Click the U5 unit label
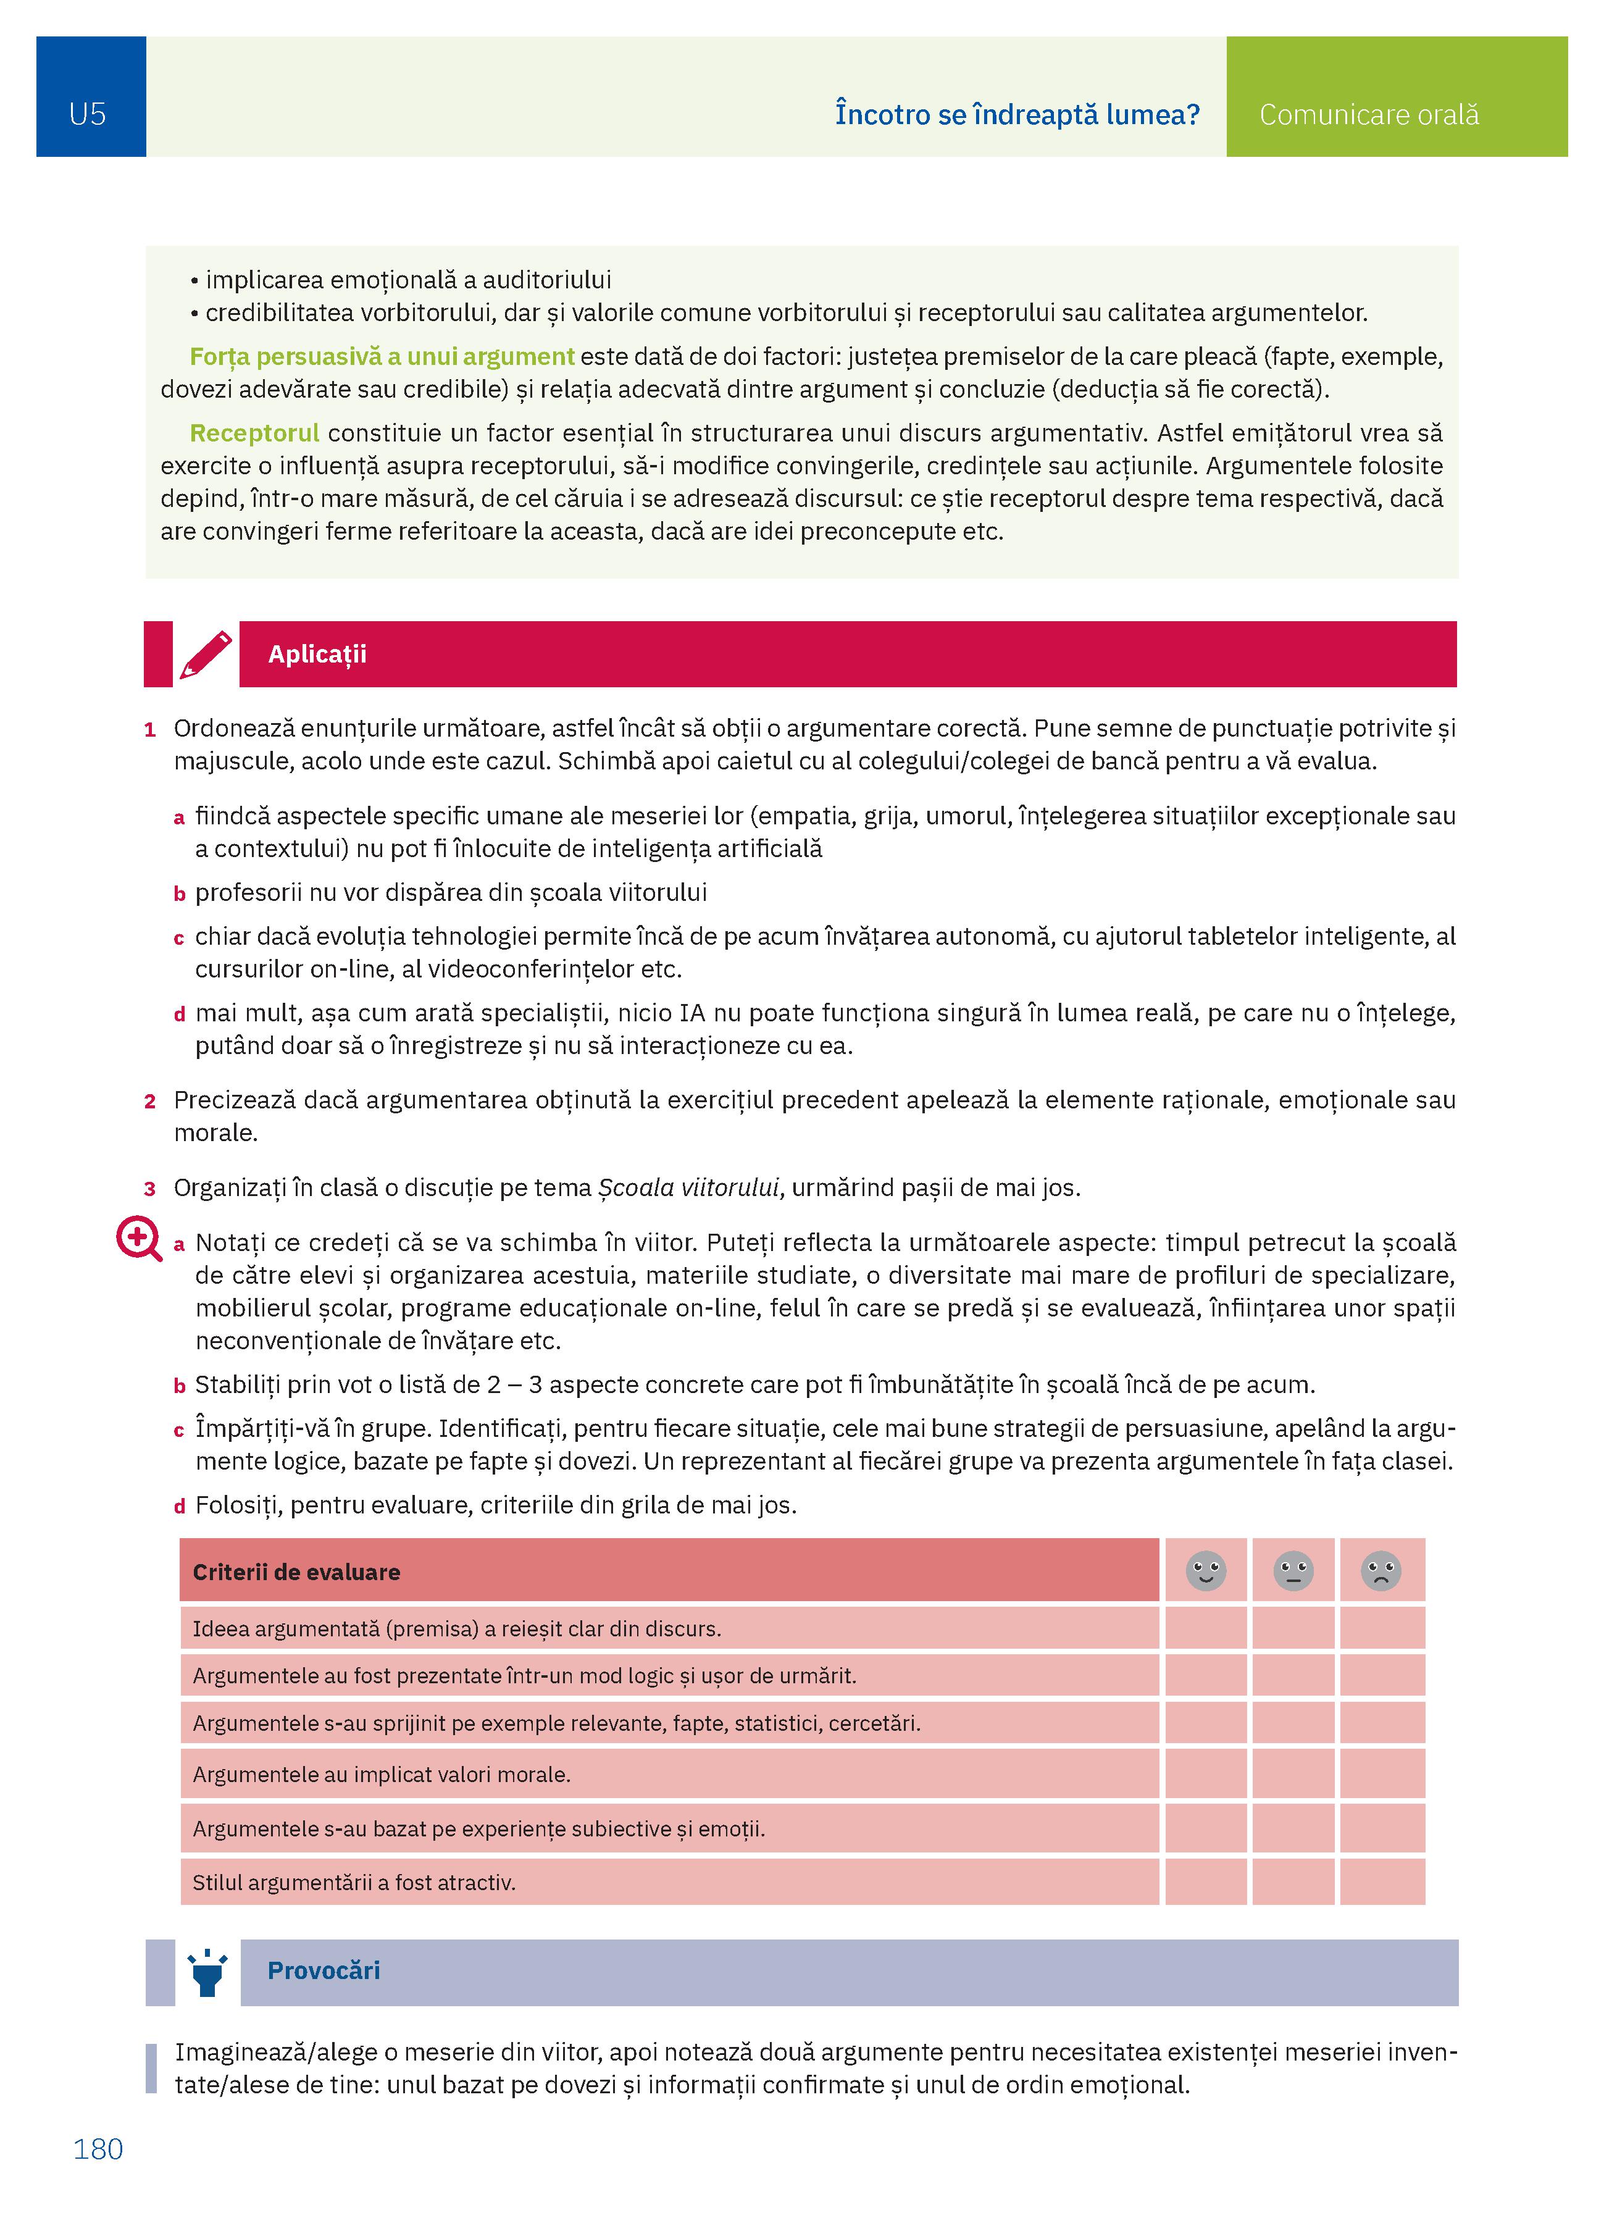pyautogui.click(x=88, y=114)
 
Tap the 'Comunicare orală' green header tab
pyautogui.click(x=1368, y=114)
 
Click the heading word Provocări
pyautogui.click(x=324, y=1972)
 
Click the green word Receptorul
pyautogui.click(x=254, y=433)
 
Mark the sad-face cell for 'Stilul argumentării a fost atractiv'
pyautogui.click(x=1382, y=1881)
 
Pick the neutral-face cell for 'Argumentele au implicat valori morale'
pyautogui.click(x=1293, y=1774)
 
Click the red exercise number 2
pyautogui.click(x=150, y=1101)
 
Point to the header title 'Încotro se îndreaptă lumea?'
pyautogui.click(x=1017, y=114)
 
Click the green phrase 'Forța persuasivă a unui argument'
pyautogui.click(x=382, y=356)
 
